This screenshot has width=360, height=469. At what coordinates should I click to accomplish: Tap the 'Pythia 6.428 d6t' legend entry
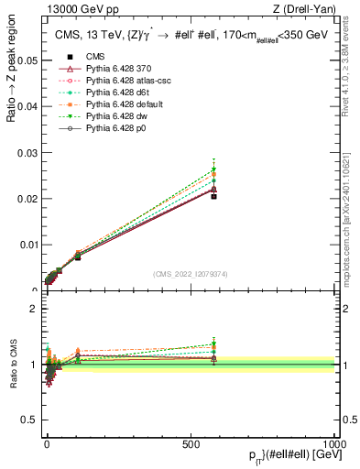[x=102, y=93]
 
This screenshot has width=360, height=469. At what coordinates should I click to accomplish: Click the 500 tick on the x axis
[x=191, y=443]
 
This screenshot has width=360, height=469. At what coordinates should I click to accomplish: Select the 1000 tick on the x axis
[x=334, y=443]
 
